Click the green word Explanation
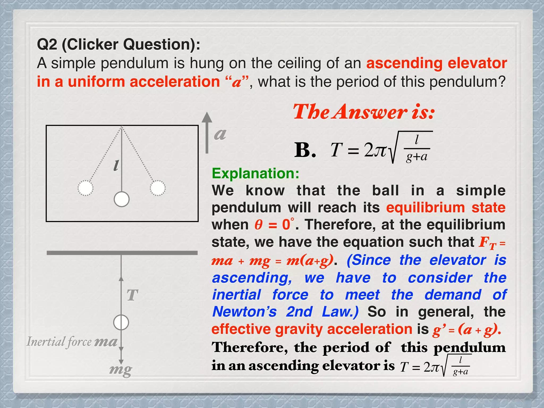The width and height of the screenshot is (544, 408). coord(255,173)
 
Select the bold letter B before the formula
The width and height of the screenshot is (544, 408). coord(305,150)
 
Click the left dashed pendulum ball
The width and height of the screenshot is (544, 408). coord(86,188)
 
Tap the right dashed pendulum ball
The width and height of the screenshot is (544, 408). coord(158,188)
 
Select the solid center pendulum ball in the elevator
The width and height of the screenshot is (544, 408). coord(122,199)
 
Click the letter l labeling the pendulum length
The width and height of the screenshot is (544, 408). coord(116,165)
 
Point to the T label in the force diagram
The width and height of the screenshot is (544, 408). coord(132,295)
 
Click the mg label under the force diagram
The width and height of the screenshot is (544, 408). coord(121,369)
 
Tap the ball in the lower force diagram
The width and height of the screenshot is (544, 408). coord(121,322)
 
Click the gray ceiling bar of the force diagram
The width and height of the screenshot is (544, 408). coord(122,253)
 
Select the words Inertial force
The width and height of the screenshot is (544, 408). coord(59,342)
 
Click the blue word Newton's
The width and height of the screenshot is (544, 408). coord(244,312)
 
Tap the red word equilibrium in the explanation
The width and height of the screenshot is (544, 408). coord(425,207)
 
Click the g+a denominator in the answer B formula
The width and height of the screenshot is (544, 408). coord(416,157)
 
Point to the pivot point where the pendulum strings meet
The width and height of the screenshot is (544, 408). coord(122,127)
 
